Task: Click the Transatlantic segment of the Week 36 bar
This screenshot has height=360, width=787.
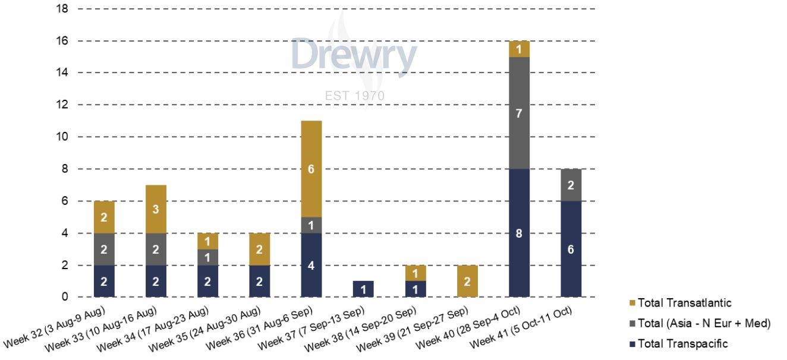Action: coord(311,169)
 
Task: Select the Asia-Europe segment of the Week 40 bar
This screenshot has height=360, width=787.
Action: coord(519,113)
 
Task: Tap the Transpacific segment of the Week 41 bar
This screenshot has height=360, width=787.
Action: coord(571,250)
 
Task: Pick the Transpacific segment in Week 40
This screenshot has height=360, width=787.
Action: coord(519,233)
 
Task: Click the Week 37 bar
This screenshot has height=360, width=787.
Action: coord(363,289)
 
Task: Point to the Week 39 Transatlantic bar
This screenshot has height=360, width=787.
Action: coord(467,281)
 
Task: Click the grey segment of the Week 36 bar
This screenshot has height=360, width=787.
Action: coord(311,225)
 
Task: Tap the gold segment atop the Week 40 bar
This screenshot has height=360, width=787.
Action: coord(519,49)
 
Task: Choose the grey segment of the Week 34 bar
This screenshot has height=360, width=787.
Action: coord(207,257)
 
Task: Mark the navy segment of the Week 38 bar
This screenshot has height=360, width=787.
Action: coord(415,289)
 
